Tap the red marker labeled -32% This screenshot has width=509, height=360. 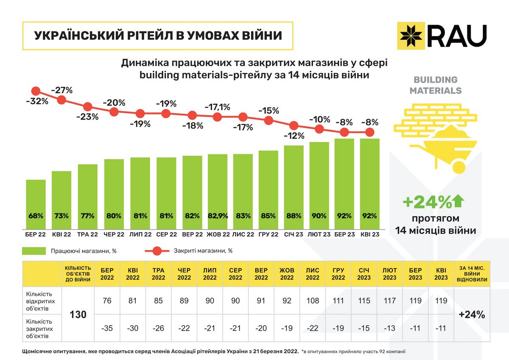[36, 91]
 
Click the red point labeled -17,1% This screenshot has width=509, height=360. [217, 117]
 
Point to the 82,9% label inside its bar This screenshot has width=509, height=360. [217, 216]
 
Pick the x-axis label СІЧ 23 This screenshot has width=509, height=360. [294, 234]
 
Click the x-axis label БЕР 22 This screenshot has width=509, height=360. [36, 234]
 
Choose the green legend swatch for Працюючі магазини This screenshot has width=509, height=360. [34, 251]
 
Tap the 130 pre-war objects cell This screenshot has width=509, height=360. [78, 315]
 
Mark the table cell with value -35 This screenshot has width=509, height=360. [107, 329]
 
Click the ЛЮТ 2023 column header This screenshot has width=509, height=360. [390, 273]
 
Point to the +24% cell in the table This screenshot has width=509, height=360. [473, 315]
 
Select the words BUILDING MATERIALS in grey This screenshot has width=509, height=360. [436, 85]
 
